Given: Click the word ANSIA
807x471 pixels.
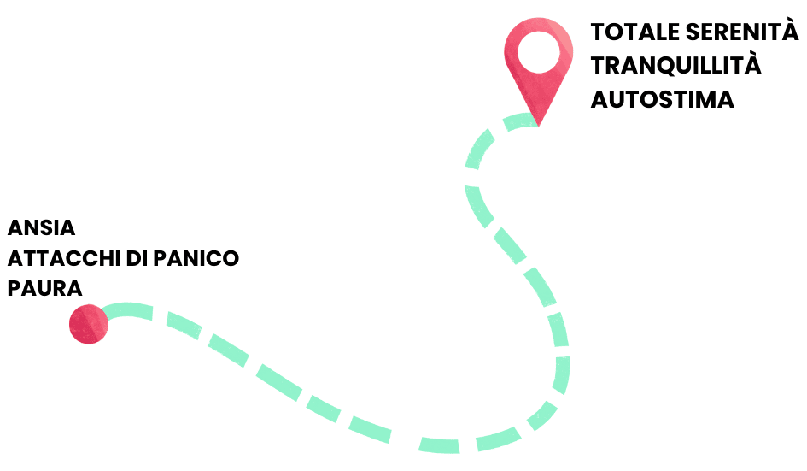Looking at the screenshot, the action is tap(41, 227).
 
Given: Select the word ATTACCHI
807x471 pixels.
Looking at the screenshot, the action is tap(64, 258).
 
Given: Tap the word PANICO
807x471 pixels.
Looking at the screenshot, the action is tap(196, 258).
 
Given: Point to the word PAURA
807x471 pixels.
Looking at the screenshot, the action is tap(44, 289).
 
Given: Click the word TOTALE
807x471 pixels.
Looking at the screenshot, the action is tap(635, 32).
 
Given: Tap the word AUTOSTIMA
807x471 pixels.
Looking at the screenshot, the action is tap(663, 99).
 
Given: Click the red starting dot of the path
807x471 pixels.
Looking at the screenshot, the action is tap(89, 324).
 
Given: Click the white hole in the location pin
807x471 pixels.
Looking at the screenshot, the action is tap(538, 52).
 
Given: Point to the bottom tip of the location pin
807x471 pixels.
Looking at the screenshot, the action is tap(538, 127).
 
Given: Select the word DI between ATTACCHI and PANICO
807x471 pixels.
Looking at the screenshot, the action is tap(137, 258).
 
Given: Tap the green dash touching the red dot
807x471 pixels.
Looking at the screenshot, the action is tap(127, 309).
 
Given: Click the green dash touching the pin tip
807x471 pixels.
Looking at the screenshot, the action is tap(520, 121).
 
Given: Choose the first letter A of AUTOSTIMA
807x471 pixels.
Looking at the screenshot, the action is tap(600, 99).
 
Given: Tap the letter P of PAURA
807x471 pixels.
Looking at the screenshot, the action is tap(14, 289).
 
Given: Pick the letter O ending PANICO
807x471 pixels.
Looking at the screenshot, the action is tap(230, 258).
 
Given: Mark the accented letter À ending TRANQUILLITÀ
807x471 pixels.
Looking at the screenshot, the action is tap(752, 63).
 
